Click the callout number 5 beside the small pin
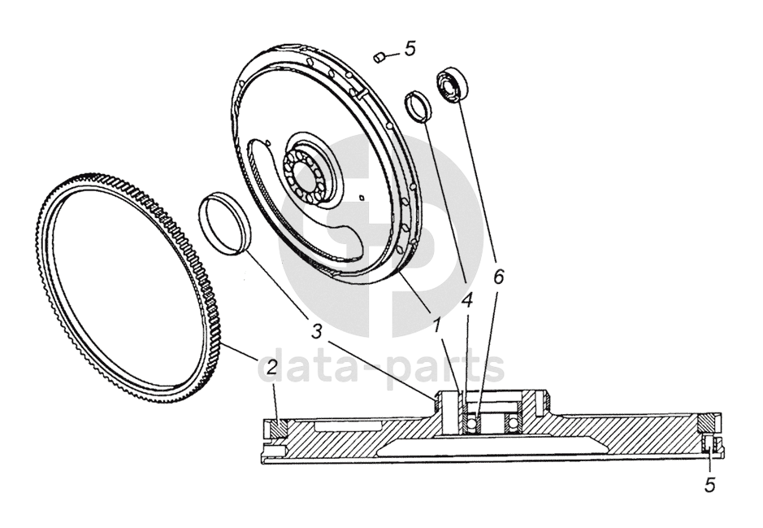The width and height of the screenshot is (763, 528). pos(410,49)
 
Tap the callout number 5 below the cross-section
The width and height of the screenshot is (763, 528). pos(709,485)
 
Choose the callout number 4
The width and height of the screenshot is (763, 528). pos(466,299)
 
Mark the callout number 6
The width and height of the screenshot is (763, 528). pos(498,277)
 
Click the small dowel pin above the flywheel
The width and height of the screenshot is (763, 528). pos(379,56)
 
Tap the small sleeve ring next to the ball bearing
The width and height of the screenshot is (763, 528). pos(418,107)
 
